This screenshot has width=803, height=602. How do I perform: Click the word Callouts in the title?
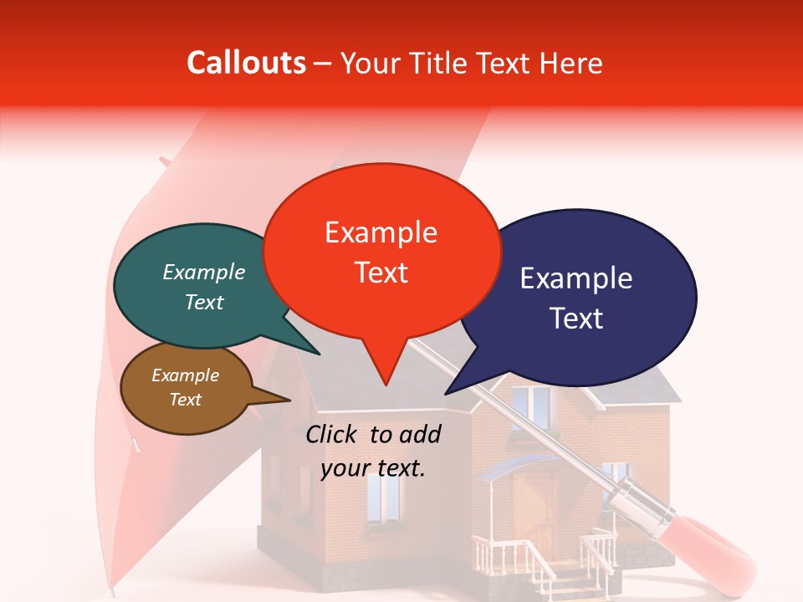coord(246,63)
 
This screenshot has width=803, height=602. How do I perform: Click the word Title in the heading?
coord(440,63)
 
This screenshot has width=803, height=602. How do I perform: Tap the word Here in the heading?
coord(571,63)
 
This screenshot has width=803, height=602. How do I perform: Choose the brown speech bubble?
coord(186,387)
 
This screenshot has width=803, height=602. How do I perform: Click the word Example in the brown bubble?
coord(186,375)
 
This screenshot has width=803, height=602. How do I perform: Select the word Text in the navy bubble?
coord(577,319)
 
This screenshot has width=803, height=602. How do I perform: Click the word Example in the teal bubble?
coord(204,273)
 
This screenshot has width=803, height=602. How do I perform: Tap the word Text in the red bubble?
coord(381,273)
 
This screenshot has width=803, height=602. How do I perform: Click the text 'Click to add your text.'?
coord(373,451)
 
